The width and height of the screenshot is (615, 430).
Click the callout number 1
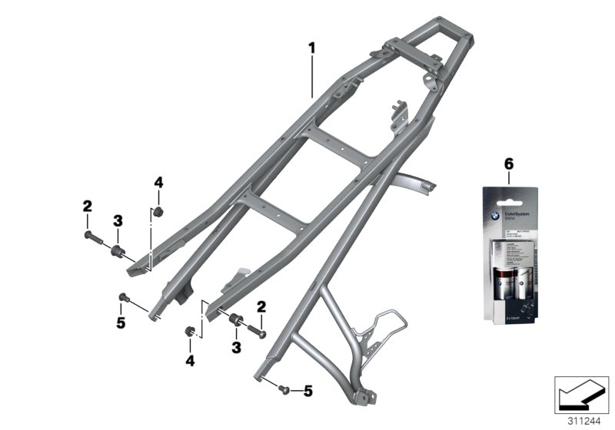point(312,48)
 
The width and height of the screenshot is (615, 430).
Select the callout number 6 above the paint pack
point(508,164)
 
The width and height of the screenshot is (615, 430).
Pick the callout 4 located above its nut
point(158,183)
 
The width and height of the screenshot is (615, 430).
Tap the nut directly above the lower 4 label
point(187,332)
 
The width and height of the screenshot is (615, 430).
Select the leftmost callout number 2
point(88,206)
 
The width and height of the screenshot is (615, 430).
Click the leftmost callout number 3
point(118,221)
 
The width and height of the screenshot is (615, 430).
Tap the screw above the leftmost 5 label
point(125,296)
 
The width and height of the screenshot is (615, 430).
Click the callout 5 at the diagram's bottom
point(308,392)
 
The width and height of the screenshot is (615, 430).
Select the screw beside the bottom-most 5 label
point(284,389)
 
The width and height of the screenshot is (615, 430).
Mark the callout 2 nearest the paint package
point(261,307)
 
